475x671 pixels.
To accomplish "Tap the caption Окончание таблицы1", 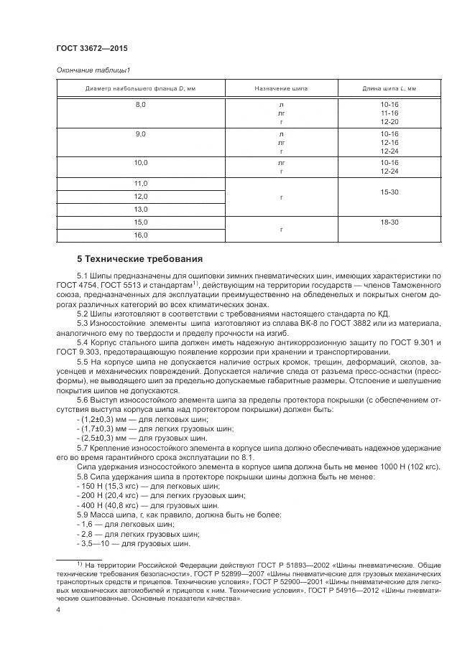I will click(93, 70).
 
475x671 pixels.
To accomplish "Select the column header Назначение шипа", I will click(280, 88).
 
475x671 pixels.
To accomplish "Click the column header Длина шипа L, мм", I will click(389, 88).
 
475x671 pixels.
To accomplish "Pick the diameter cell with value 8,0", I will click(141, 105).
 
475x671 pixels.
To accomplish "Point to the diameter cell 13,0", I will click(141, 209).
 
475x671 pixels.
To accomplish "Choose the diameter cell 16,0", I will click(141, 235).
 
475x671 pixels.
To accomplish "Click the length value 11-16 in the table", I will click(389, 113).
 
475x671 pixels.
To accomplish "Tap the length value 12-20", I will click(389, 122).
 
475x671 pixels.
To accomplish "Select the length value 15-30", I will click(389, 192).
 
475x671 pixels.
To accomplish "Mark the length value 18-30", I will click(389, 222).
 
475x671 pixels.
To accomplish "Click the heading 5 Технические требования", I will click(139, 258).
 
